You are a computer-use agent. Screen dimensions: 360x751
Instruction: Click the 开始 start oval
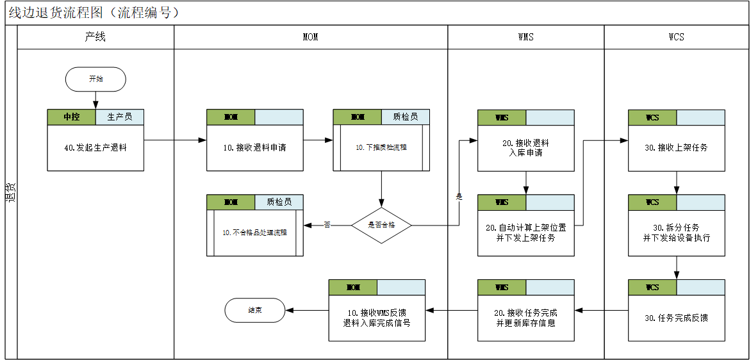(95, 79)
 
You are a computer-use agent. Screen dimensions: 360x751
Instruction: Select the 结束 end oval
(254, 310)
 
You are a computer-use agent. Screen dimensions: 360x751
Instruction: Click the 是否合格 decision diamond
(381, 225)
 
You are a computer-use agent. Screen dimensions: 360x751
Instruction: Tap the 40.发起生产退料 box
(95, 147)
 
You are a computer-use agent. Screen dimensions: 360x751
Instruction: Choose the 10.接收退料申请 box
(254, 147)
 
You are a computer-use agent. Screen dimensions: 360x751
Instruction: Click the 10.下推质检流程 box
(381, 147)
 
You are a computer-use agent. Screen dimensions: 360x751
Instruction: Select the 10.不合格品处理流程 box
(254, 233)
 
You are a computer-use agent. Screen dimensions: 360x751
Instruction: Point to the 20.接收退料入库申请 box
(525, 147)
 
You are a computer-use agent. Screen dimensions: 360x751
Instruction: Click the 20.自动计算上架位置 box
(525, 233)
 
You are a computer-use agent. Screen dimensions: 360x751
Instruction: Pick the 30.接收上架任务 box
(676, 147)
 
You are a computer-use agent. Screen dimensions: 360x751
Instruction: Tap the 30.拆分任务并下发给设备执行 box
(676, 233)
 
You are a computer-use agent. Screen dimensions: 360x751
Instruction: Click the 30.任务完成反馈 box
(676, 318)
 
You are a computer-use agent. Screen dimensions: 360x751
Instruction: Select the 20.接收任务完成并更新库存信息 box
(525, 318)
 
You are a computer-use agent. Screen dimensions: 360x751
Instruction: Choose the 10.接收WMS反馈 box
(377, 318)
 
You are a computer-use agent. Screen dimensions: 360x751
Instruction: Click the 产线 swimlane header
(95, 37)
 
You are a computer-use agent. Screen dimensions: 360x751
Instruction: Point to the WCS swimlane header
(676, 37)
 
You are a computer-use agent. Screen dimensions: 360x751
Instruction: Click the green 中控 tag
(71, 117)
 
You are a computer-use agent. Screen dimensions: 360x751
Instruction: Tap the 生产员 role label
(120, 117)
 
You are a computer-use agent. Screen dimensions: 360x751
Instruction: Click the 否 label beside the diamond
(327, 225)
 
